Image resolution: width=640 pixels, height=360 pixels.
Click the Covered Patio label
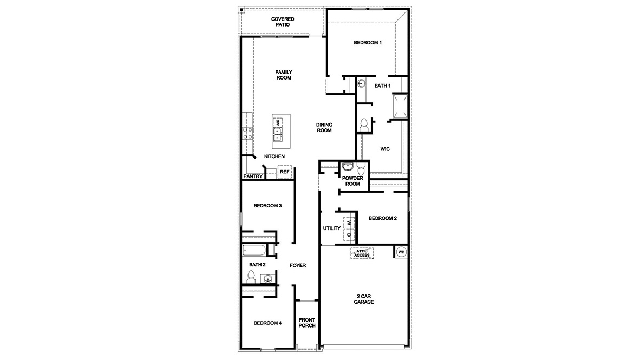283,22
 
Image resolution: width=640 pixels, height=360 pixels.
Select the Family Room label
283,75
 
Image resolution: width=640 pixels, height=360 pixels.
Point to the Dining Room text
324,127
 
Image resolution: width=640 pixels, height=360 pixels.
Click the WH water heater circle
401,252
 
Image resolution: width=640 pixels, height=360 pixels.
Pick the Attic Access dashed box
362,253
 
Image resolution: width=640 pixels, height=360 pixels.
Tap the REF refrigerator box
284,172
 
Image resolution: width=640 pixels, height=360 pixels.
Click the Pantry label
253,176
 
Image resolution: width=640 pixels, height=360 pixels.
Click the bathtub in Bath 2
254,251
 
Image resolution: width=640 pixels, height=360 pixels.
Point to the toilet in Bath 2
251,277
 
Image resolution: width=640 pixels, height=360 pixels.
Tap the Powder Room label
352,181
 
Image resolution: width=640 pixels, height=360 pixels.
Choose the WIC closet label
385,148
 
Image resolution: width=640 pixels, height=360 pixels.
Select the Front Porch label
307,323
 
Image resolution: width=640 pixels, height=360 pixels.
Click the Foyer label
298,265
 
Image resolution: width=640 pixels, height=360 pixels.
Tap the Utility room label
332,228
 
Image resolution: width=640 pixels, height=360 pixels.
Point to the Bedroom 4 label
267,323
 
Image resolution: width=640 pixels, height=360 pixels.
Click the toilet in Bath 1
363,123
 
